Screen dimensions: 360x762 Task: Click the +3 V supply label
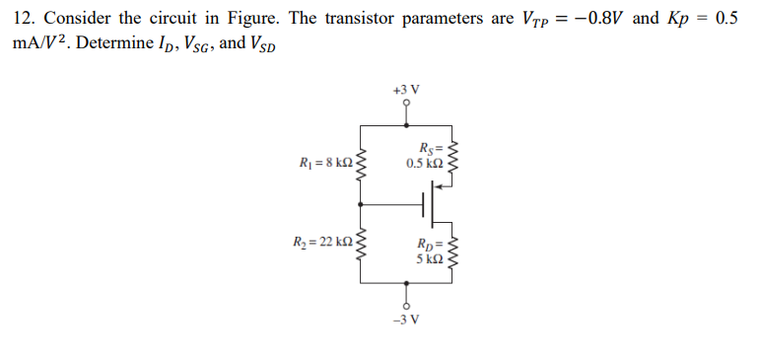tap(406, 89)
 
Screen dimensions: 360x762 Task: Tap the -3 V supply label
tap(406, 319)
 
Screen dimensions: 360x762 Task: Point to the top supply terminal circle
tap(406, 102)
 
